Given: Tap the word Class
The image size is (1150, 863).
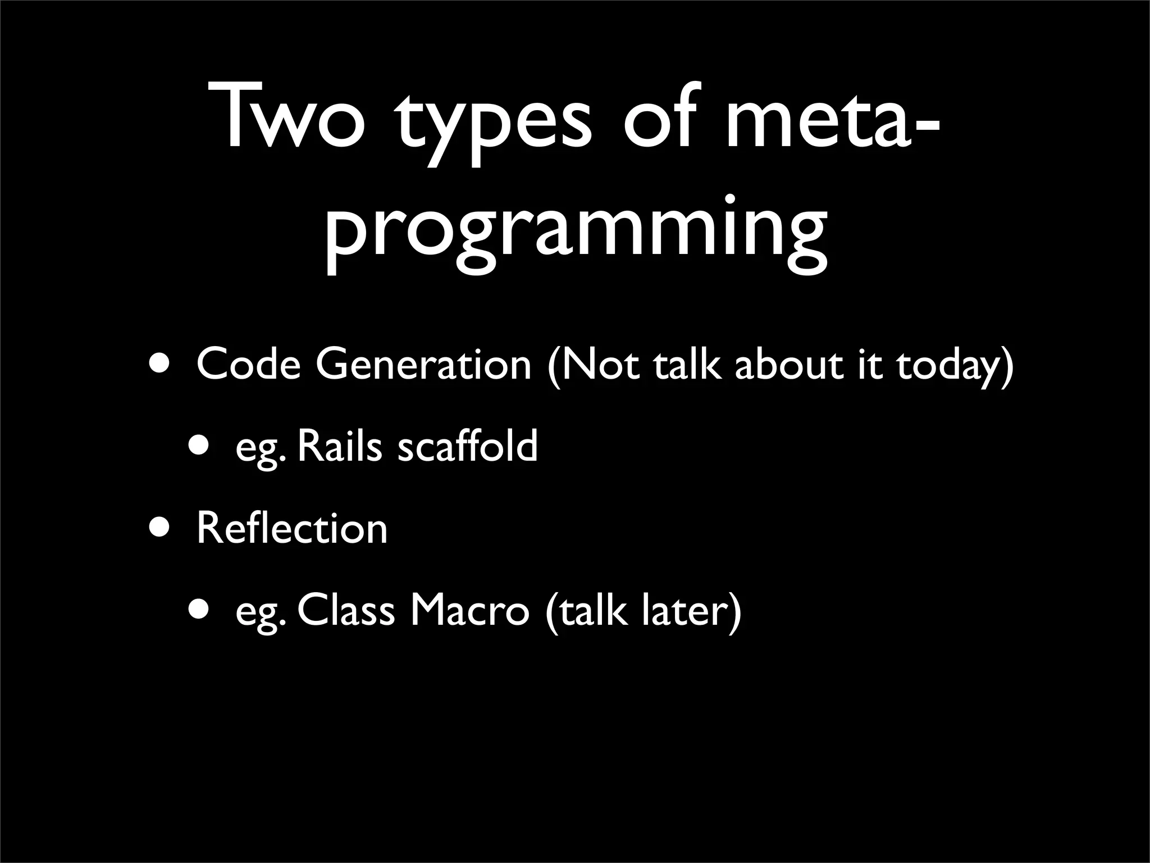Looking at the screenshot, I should point(346,611).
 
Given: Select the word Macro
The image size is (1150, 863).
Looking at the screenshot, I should point(469,611).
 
